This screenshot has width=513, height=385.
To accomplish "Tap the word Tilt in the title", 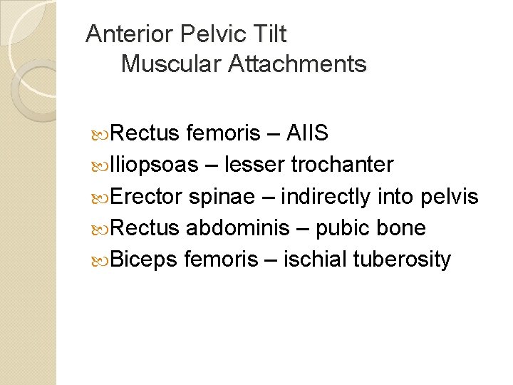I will pyautogui.click(x=267, y=34).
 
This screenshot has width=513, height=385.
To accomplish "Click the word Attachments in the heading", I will pyautogui.click(x=297, y=64).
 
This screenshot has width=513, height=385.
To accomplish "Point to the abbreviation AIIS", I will pyautogui.click(x=306, y=133).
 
